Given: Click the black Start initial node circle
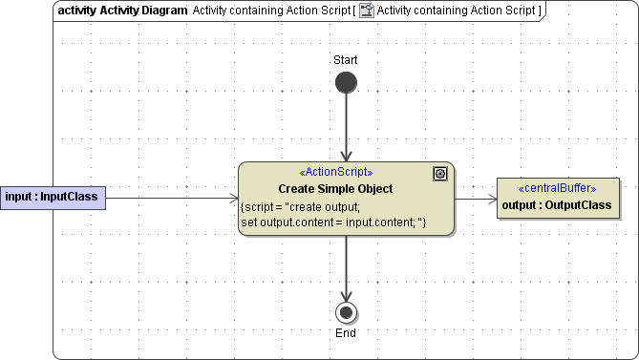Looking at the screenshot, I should click(x=346, y=82).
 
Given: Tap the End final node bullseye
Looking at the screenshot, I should click(x=346, y=311).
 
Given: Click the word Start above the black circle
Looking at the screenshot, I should click(x=346, y=60).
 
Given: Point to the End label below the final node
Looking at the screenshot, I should click(x=346, y=333).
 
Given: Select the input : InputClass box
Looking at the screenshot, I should click(x=52, y=198).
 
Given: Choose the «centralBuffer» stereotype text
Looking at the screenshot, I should click(x=557, y=188).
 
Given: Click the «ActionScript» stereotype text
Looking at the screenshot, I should click(x=336, y=172).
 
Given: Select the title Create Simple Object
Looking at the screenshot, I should click(x=335, y=189).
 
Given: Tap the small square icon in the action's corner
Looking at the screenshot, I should click(x=439, y=173).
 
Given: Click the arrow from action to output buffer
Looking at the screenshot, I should click(x=476, y=199).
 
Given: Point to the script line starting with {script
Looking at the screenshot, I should click(x=300, y=206).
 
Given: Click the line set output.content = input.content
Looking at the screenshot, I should click(x=332, y=222).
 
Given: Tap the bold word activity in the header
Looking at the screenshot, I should click(x=76, y=11).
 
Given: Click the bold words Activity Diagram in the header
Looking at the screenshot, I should click(x=142, y=11).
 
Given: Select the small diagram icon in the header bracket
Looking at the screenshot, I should click(x=366, y=11).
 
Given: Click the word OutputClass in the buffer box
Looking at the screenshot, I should click(x=581, y=205).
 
